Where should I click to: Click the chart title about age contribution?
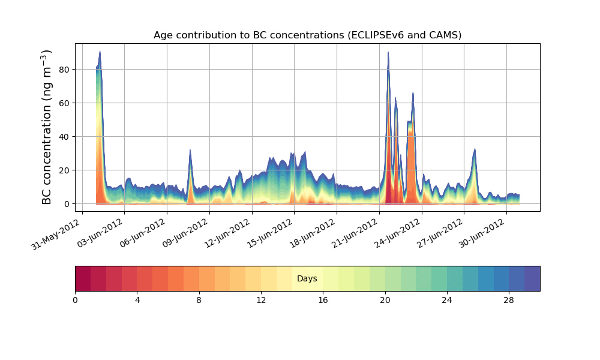click(307, 35)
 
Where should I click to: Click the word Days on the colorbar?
click(307, 279)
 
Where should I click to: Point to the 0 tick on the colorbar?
click(75, 299)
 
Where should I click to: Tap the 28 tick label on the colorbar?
click(509, 299)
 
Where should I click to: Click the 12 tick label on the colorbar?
click(261, 299)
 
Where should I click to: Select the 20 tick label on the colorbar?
click(385, 299)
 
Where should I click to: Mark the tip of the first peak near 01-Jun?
click(100, 52)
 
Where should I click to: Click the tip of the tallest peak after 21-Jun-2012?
click(388, 52)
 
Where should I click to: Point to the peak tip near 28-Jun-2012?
click(475, 149)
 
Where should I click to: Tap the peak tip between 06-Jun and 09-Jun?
click(190, 150)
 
